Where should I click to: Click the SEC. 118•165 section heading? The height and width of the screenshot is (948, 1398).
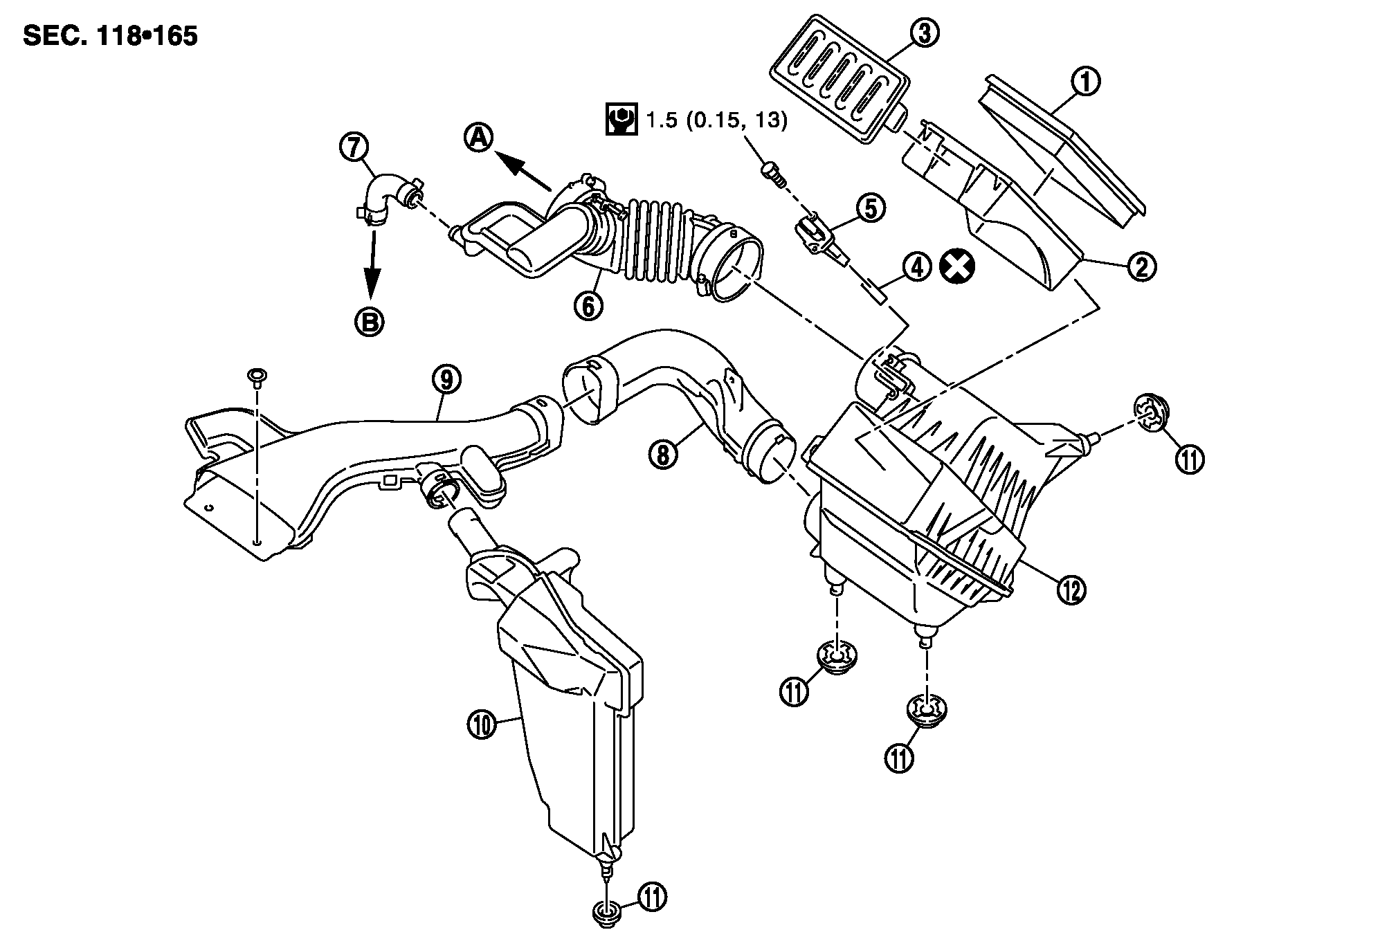[111, 36]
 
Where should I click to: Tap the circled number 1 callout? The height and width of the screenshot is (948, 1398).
[1085, 82]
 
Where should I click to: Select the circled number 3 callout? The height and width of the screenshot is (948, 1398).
[923, 32]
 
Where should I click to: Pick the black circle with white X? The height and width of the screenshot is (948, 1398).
[957, 266]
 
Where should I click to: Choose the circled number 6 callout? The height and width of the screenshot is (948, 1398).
[588, 304]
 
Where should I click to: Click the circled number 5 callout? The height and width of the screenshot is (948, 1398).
[870, 208]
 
